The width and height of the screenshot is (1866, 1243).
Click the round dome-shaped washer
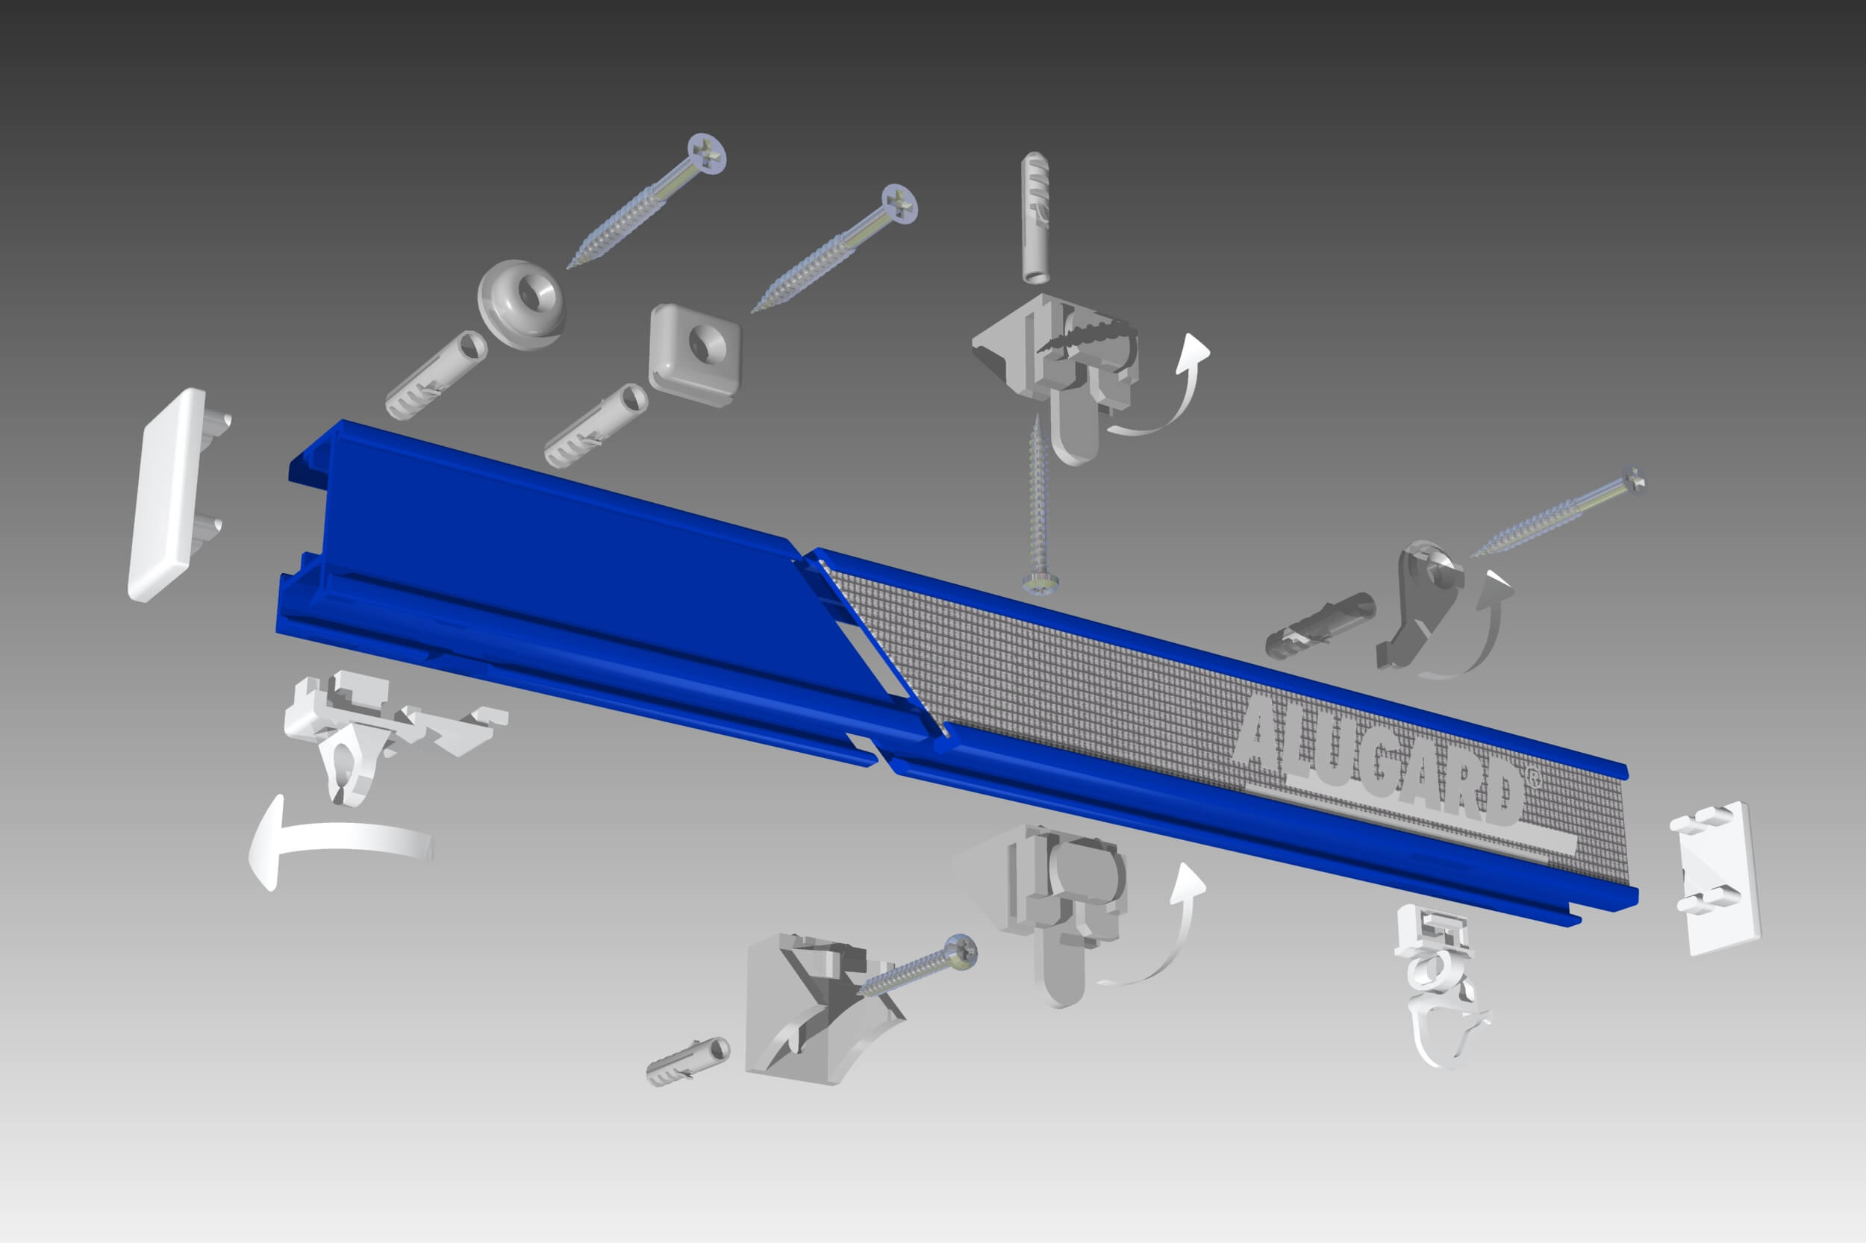point(522,304)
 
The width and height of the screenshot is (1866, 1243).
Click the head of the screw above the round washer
point(707,154)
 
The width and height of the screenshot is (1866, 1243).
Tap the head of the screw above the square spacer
point(899,204)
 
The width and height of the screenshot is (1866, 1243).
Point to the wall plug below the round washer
point(436,375)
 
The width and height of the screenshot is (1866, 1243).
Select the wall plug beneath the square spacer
point(596,426)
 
